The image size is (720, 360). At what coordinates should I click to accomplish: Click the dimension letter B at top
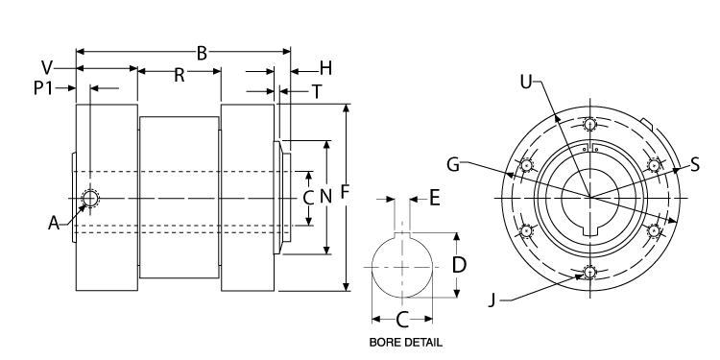click(x=203, y=53)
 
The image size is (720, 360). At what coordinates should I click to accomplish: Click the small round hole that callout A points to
click(x=91, y=199)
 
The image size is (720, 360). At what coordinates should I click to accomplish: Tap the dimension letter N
click(x=325, y=197)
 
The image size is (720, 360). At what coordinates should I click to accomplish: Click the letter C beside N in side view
click(x=307, y=198)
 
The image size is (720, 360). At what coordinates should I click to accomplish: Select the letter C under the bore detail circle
click(x=402, y=319)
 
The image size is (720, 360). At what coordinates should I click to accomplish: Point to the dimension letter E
click(x=434, y=198)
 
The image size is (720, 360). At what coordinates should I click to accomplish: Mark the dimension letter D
click(x=459, y=263)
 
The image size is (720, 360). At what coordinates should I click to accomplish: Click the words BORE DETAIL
click(x=403, y=341)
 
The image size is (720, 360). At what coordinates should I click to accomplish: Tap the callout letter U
click(x=525, y=82)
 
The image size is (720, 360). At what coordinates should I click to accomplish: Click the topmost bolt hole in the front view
click(x=589, y=125)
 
